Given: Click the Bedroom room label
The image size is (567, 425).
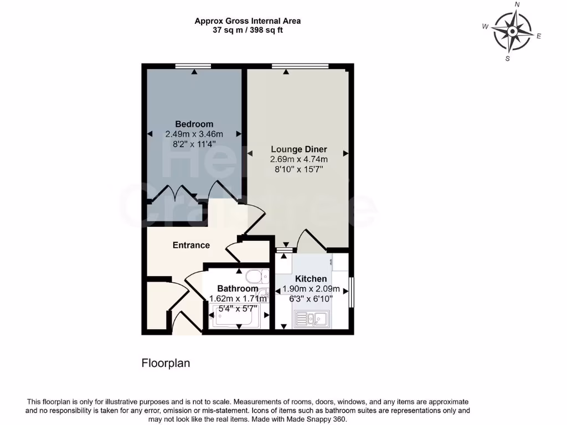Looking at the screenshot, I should (x=194, y=124).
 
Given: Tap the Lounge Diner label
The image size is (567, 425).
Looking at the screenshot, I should (x=298, y=149).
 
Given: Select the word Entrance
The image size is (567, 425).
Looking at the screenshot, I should (x=191, y=245).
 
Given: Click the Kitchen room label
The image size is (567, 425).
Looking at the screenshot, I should (x=311, y=279).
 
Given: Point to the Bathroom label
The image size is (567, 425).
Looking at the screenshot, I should (x=237, y=289).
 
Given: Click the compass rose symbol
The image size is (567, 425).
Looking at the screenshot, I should (x=512, y=31).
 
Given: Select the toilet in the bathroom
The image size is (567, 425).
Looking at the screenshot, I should (x=256, y=276).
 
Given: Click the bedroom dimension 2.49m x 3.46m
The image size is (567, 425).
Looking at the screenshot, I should (x=194, y=134).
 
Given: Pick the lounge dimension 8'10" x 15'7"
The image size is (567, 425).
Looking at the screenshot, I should (x=298, y=170).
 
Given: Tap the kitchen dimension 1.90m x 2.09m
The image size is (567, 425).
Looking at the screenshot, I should (x=311, y=289).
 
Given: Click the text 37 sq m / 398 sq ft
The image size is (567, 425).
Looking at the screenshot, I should (x=248, y=30).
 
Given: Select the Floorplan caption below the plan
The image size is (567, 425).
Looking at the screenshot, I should (x=166, y=364).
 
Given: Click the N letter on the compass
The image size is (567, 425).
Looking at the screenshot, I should (x=517, y=4).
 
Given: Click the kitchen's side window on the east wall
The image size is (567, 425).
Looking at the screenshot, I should (x=351, y=292).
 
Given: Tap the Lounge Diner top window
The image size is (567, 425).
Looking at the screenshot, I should (x=300, y=66).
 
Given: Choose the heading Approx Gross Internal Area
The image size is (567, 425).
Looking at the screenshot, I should (x=248, y=21).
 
